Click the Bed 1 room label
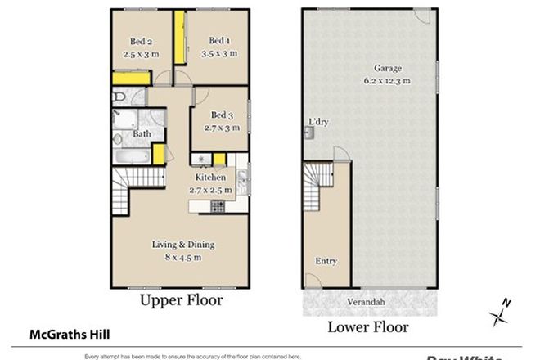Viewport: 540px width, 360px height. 218,41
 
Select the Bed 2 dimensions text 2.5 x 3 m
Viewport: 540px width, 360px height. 141,55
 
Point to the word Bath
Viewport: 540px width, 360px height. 142,134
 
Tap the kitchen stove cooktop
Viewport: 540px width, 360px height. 218,206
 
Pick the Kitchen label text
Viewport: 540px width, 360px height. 210,178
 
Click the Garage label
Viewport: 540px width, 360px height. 387,68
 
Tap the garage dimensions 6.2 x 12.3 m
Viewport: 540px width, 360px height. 387,80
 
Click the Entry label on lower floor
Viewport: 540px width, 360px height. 326,261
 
